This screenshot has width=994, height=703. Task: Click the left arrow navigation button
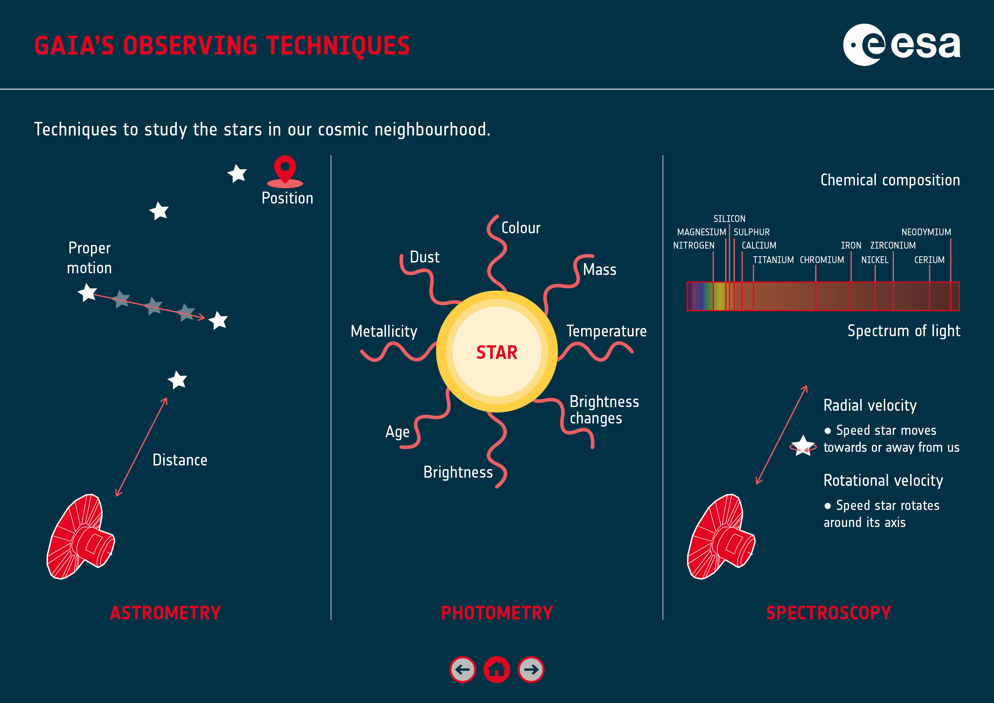462,670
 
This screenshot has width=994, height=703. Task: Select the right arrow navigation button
531,670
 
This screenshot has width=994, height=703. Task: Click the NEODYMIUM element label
926,232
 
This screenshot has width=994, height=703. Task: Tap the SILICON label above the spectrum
729,219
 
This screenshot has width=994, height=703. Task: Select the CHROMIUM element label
822,260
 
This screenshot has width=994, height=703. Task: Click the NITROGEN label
694,245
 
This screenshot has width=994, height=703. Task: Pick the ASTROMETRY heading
165,613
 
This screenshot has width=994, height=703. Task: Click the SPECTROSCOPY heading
829,613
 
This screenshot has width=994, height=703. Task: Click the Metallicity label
384,331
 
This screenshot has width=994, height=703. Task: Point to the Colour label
521,228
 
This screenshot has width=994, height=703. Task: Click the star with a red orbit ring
803,446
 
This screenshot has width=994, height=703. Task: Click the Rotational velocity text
883,480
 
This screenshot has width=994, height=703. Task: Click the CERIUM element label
929,260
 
